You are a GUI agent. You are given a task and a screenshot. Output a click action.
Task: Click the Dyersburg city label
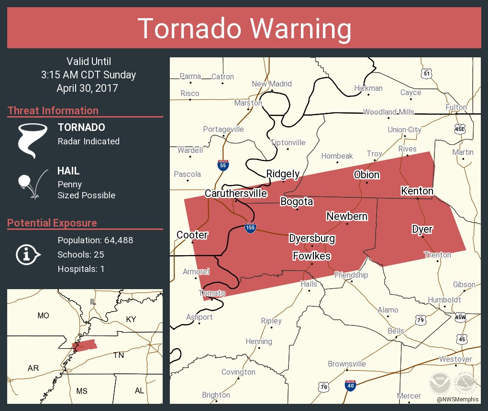pyautogui.click(x=312, y=238)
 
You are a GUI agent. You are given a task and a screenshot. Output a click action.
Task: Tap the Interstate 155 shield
pyautogui.click(x=250, y=227)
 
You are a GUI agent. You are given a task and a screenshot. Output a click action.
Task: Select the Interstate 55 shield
pyautogui.click(x=222, y=165)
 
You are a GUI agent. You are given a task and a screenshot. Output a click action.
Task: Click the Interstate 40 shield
pyautogui.click(x=350, y=386)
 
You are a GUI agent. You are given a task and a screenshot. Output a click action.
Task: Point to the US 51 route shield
pyautogui.click(x=427, y=73)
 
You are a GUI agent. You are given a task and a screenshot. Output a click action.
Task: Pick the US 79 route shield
pyautogui.click(x=421, y=320)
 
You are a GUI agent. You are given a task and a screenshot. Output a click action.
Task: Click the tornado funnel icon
pyautogui.click(x=32, y=140)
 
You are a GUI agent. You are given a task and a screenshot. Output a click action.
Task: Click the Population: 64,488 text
pyautogui.click(x=95, y=240)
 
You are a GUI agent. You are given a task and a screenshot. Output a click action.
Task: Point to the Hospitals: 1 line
pyautogui.click(x=81, y=269)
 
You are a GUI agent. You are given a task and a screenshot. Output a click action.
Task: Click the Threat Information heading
pyautogui.click(x=53, y=110)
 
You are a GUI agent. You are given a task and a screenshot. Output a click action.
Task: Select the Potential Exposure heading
pyautogui.click(x=52, y=223)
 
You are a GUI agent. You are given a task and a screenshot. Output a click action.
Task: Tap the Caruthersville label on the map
pyautogui.click(x=236, y=193)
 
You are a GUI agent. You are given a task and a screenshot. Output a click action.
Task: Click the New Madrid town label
pyautogui.click(x=272, y=84)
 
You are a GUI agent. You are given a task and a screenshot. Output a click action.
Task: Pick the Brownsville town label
pyautogui.click(x=347, y=364)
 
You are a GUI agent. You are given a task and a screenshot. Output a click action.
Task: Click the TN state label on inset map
pyautogui.click(x=118, y=355)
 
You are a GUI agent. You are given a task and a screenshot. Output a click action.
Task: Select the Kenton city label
pyautogui.click(x=417, y=191)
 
